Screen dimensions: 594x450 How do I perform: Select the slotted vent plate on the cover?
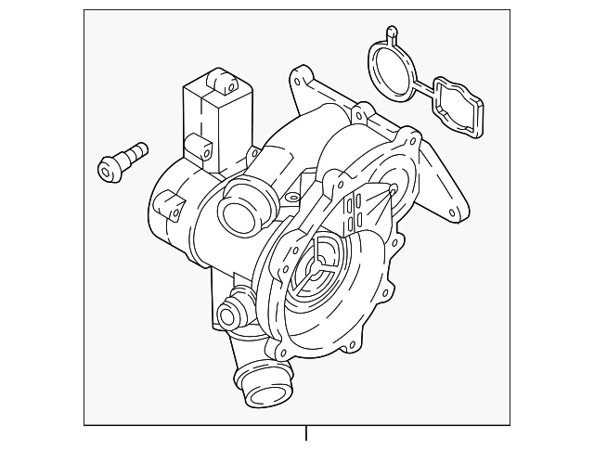coord(362,219)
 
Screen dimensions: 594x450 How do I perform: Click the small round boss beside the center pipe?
coord(291,198)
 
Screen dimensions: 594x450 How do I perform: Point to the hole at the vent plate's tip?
coord(394,189)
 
